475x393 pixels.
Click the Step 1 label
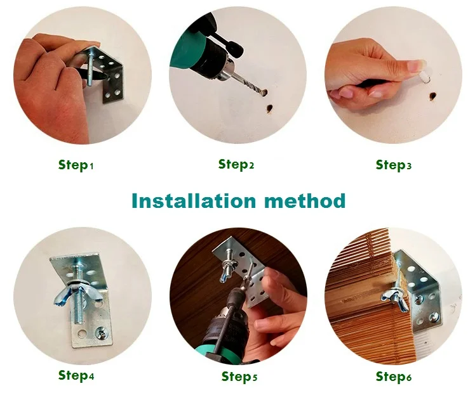click(x=76, y=165)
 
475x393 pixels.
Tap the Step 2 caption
click(x=236, y=164)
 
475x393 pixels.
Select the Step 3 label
click(x=394, y=165)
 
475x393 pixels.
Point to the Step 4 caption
click(x=76, y=375)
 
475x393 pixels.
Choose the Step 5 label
click(x=239, y=377)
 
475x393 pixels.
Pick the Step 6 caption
click(x=394, y=377)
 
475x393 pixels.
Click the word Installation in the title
click(x=194, y=200)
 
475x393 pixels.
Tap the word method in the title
click(x=305, y=200)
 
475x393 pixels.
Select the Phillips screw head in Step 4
click(x=100, y=333)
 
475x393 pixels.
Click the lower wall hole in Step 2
click(x=269, y=109)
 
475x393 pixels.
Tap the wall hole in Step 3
click(x=432, y=96)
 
